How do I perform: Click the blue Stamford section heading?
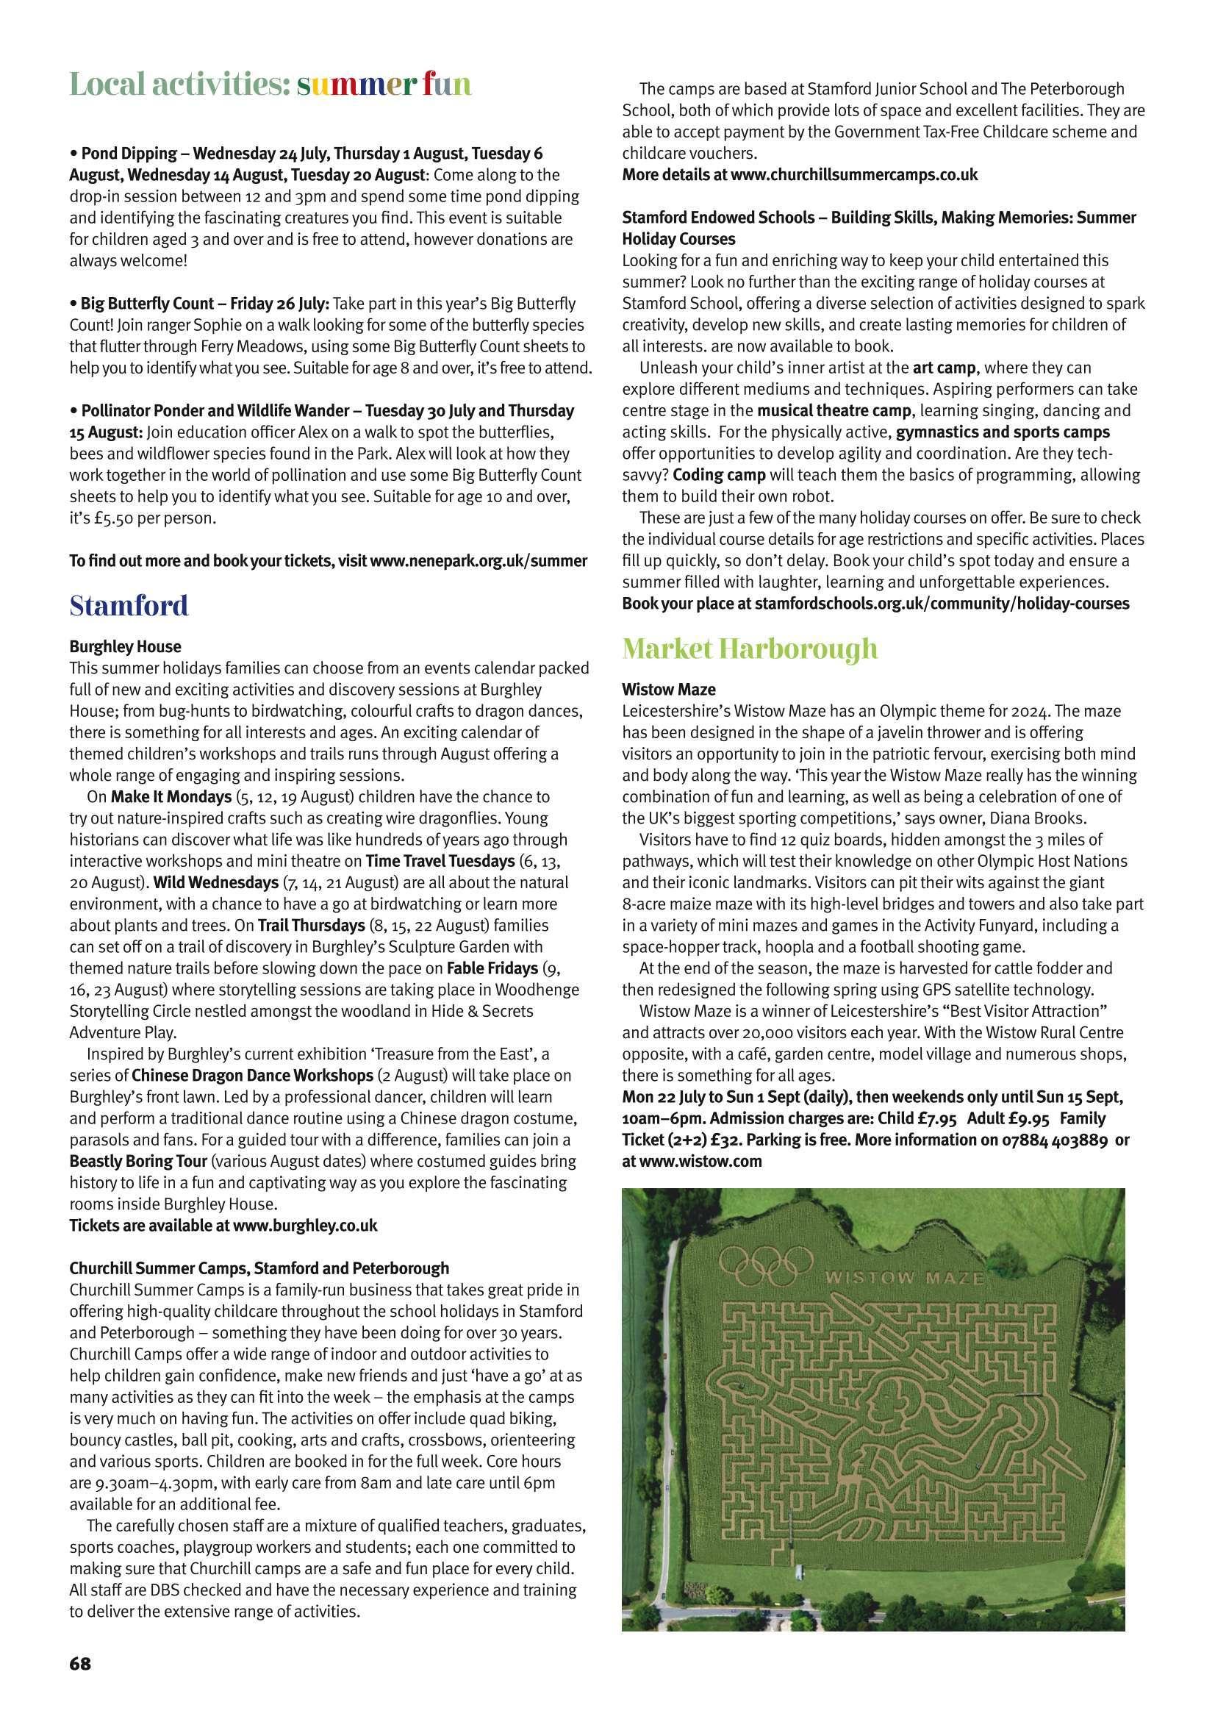[x=129, y=606]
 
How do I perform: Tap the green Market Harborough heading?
[x=750, y=648]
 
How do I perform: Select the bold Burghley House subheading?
[x=125, y=646]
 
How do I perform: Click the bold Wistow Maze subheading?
[x=669, y=689]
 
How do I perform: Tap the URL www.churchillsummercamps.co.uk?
[x=854, y=175]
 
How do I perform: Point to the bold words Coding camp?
[x=719, y=475]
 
